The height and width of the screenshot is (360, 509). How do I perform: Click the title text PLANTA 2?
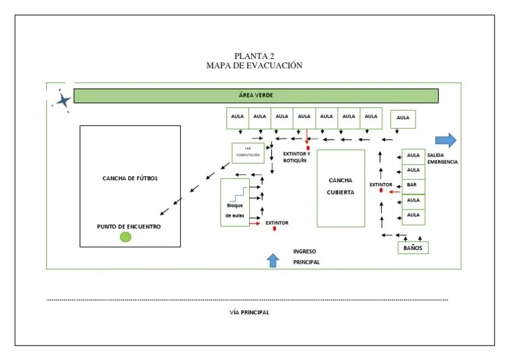(x=254, y=56)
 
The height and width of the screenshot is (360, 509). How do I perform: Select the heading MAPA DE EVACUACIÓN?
(x=254, y=65)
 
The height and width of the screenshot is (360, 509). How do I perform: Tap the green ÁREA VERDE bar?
(x=256, y=96)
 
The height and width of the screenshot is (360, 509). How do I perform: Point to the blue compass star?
(x=63, y=100)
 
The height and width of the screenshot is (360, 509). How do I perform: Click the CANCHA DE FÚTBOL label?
(x=130, y=178)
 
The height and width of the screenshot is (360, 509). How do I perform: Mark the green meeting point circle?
(x=125, y=237)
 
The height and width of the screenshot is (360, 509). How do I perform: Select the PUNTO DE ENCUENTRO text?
(x=129, y=226)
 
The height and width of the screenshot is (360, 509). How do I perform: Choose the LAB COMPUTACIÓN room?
(x=248, y=153)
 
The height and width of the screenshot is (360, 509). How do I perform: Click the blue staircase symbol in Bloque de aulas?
(x=238, y=193)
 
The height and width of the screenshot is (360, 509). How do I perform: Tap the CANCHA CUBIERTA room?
(x=341, y=188)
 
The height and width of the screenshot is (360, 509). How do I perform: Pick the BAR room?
(x=413, y=185)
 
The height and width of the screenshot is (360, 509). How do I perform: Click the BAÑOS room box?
(x=413, y=248)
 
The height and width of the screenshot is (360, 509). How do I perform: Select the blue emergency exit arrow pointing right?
(x=446, y=140)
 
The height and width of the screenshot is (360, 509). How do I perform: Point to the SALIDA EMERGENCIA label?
(x=442, y=158)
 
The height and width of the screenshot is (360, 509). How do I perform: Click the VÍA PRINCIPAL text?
(x=245, y=312)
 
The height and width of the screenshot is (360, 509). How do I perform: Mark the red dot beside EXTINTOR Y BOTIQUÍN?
(x=308, y=148)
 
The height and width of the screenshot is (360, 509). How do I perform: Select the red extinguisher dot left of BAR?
(x=381, y=191)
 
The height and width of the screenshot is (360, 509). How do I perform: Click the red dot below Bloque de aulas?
(x=274, y=229)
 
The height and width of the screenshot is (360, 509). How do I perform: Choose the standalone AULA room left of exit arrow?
(x=403, y=119)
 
